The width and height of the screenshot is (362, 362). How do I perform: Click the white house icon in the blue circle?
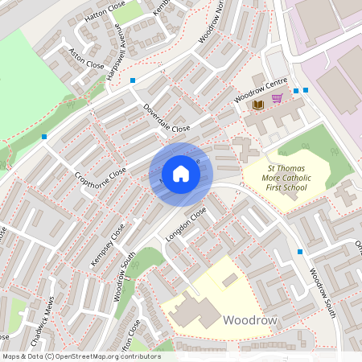pyautogui.click(x=181, y=174)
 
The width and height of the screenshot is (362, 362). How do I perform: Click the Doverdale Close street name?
pyautogui.click(x=167, y=117)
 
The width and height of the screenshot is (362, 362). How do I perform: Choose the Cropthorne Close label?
pyautogui.click(x=101, y=163)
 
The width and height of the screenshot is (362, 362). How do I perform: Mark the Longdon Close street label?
pyautogui.click(x=186, y=224)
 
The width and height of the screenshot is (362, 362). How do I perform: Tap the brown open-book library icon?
pyautogui.click(x=257, y=105)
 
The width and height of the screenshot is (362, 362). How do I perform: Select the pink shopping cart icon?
pyautogui.click(x=277, y=98)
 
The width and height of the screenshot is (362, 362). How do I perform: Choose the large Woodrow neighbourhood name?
pyautogui.click(x=250, y=320)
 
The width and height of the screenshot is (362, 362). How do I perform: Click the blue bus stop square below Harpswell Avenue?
pyautogui.click(x=133, y=80)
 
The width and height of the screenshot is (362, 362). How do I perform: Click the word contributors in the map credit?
pyautogui.click(x=140, y=356)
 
